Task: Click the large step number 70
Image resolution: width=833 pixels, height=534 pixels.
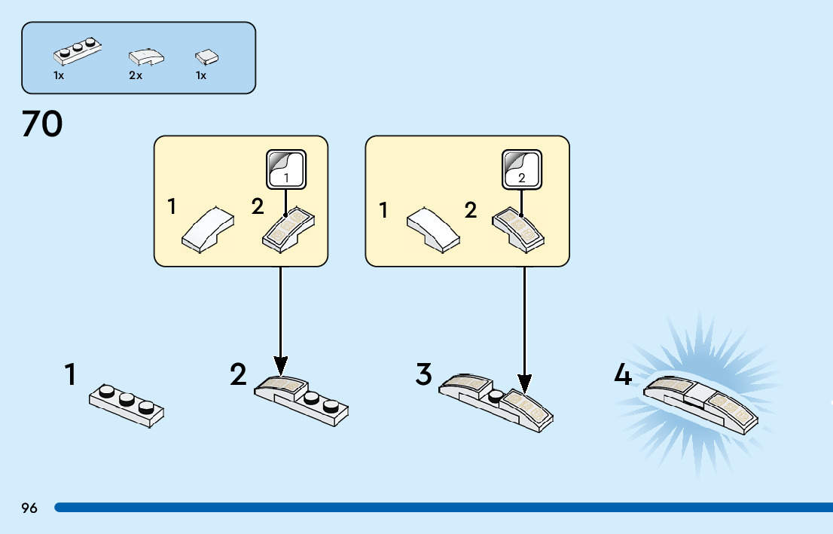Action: [x=42, y=124]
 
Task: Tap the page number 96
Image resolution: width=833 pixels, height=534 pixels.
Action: [x=29, y=508]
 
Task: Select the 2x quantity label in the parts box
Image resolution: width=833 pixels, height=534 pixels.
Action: [x=136, y=76]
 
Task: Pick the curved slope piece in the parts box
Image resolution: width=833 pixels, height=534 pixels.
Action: [x=146, y=56]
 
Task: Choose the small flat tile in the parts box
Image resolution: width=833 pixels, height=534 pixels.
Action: [x=206, y=56]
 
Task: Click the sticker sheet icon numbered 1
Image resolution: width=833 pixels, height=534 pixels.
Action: [x=285, y=169]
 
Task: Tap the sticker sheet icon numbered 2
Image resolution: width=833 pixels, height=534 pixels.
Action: [x=520, y=169]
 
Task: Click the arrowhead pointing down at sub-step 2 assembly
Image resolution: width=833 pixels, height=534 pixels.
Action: [x=280, y=367]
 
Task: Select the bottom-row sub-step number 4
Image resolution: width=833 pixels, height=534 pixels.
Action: [x=622, y=374]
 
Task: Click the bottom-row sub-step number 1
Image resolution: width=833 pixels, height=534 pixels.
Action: [x=71, y=374]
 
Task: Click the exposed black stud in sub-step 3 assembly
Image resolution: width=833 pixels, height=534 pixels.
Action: [x=496, y=395]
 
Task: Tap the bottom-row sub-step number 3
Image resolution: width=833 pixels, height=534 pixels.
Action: [x=424, y=374]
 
